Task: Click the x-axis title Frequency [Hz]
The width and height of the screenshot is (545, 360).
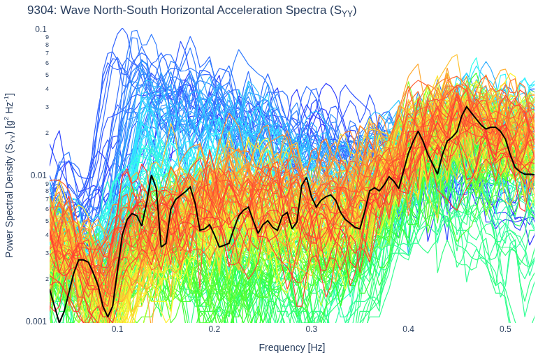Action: pyautogui.click(x=291, y=347)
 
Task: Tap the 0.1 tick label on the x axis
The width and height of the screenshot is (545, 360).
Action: pyautogui.click(x=117, y=329)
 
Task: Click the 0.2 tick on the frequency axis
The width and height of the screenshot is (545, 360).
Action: pyautogui.click(x=215, y=329)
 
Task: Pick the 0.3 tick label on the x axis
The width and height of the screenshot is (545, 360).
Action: pyautogui.click(x=312, y=329)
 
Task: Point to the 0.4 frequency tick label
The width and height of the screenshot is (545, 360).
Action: pyautogui.click(x=409, y=329)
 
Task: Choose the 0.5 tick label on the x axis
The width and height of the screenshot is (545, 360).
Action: pyautogui.click(x=505, y=329)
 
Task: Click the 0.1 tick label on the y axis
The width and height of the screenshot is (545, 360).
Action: pyautogui.click(x=41, y=29)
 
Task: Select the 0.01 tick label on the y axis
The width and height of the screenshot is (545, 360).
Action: pyautogui.click(x=38, y=175)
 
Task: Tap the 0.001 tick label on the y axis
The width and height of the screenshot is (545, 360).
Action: pyautogui.click(x=36, y=321)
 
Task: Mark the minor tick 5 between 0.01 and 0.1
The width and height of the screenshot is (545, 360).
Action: pyautogui.click(x=47, y=75)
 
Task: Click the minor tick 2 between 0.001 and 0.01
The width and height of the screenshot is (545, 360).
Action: pyautogui.click(x=47, y=279)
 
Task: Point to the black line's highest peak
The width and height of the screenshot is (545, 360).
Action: pyautogui.click(x=467, y=106)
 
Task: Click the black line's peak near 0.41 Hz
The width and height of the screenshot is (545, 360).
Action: pyautogui.click(x=418, y=131)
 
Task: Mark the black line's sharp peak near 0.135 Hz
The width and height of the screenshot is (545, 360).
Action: pyautogui.click(x=152, y=175)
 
